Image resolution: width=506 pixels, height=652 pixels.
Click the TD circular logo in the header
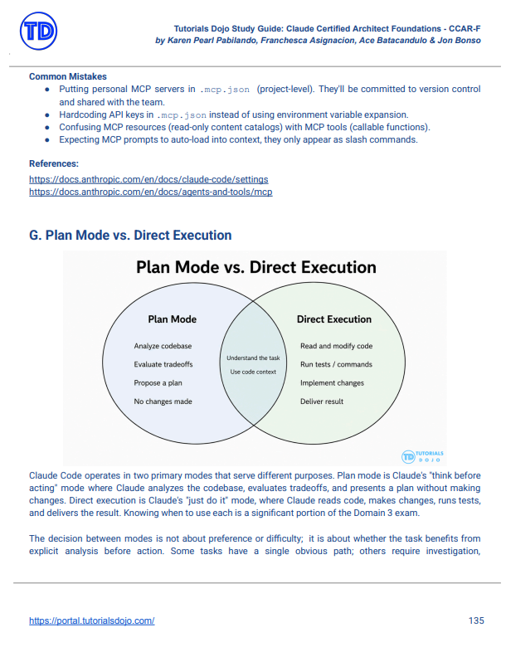[x=38, y=31]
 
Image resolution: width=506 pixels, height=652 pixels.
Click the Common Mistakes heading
[x=68, y=76]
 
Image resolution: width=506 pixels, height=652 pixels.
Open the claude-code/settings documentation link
[x=148, y=179]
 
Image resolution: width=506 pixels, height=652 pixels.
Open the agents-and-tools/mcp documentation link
[x=150, y=192]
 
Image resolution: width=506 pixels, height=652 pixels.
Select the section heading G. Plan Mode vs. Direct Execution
[x=130, y=235]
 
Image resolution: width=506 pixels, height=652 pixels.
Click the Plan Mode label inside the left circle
[x=173, y=319]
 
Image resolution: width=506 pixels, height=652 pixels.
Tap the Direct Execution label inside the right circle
[x=333, y=319]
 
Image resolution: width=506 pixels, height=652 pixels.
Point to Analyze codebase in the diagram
[x=163, y=346]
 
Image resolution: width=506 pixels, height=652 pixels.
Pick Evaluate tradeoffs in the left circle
[x=163, y=364]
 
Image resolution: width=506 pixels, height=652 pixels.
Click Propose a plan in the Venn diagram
[x=158, y=383]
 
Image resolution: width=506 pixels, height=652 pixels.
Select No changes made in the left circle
[x=163, y=401]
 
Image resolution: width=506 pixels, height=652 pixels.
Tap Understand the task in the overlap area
[x=253, y=358]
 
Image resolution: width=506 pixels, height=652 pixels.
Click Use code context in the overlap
[x=253, y=372]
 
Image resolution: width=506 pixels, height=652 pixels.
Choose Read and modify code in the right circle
[x=336, y=346]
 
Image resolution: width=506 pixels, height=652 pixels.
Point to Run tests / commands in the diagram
[x=336, y=364]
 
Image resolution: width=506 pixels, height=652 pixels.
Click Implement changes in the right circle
[x=332, y=383]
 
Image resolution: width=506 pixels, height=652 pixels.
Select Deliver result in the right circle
[x=322, y=401]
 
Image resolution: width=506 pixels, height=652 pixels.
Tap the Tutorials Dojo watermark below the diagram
[x=422, y=456]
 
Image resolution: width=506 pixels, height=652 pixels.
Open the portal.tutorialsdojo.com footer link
[x=91, y=620]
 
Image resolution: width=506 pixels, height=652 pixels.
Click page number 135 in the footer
[x=476, y=620]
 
